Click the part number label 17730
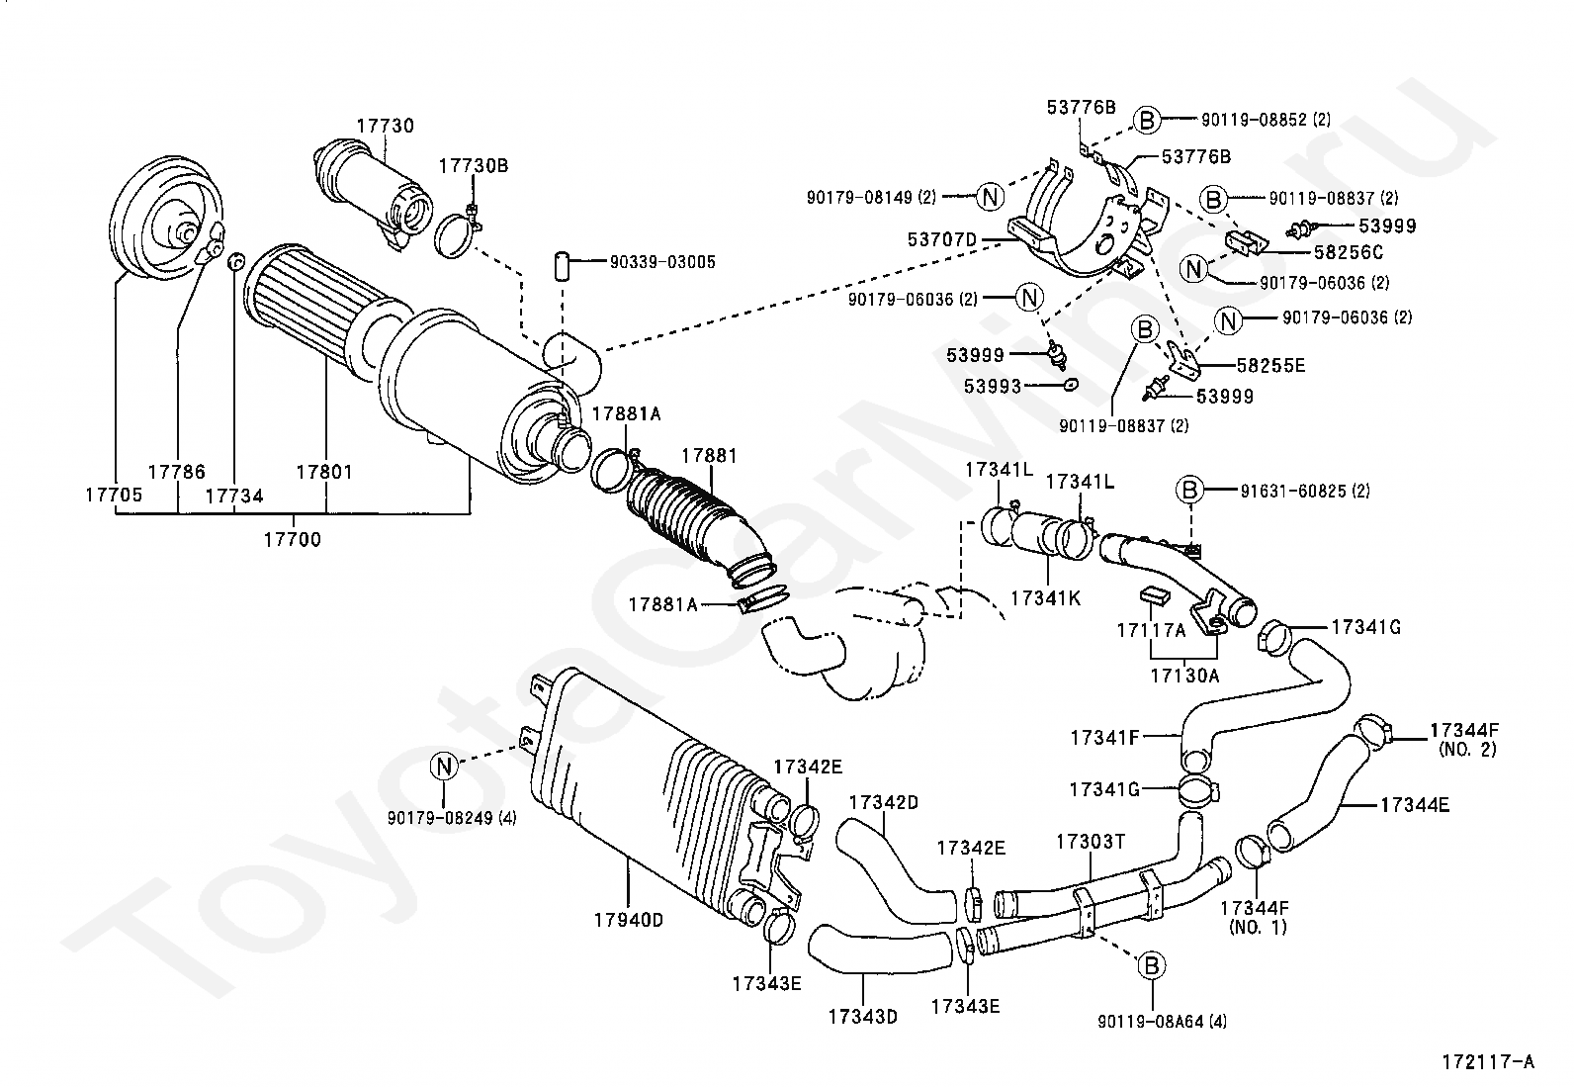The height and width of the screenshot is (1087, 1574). pos(385,127)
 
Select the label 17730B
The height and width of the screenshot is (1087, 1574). pos(474,166)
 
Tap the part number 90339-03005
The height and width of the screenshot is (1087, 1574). pos(662,262)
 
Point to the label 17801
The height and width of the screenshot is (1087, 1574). pos(324,472)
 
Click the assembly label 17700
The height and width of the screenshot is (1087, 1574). pos(292,540)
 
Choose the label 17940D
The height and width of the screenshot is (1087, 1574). pos(628,920)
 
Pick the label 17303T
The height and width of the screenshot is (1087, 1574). pos(1091,842)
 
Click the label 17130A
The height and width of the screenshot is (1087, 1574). pos(1184,676)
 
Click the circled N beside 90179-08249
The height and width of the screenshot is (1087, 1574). pos(444,765)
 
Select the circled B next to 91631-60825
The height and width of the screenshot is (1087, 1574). pos(1190,490)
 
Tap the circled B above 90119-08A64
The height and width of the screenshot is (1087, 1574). pos(1151,966)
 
